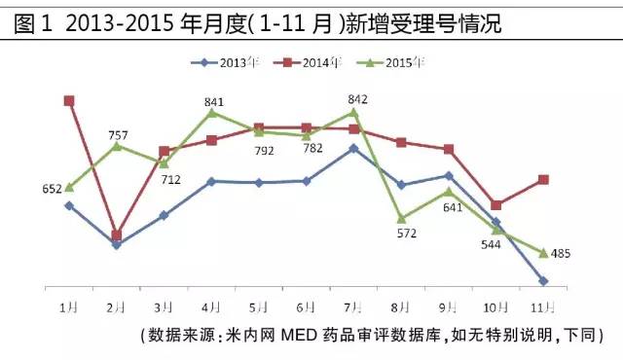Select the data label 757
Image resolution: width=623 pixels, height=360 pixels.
pyautogui.click(x=119, y=133)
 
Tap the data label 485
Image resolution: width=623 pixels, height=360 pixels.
pyautogui.click(x=561, y=254)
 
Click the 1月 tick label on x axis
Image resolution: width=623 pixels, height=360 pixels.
pyautogui.click(x=68, y=306)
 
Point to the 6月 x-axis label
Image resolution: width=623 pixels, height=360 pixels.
pyautogui.click(x=306, y=306)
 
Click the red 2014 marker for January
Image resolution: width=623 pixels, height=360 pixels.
pyautogui.click(x=69, y=100)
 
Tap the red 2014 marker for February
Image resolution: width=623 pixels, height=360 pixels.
pyautogui.click(x=117, y=234)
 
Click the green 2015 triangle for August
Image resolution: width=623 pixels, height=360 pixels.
pyautogui.click(x=401, y=218)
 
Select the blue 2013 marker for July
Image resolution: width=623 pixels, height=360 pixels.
pyautogui.click(x=353, y=148)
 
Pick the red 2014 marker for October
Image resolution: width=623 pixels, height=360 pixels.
pyautogui.click(x=496, y=205)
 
